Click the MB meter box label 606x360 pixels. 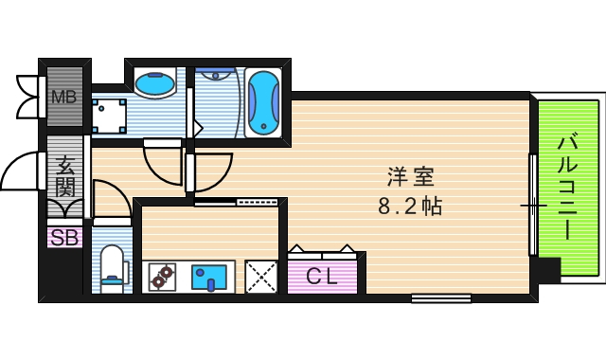tap(63, 97)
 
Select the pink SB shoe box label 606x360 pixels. tap(64, 238)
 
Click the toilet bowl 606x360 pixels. tap(113, 265)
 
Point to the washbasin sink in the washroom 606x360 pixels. tap(154, 84)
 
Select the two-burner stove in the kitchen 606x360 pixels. tap(163, 278)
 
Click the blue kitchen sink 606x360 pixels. tap(208, 277)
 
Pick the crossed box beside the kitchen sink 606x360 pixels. tap(261, 277)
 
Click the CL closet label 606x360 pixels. tap(325, 277)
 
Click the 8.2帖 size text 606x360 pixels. tap(409, 205)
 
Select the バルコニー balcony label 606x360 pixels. tap(568, 187)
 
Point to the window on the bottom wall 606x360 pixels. tap(441, 298)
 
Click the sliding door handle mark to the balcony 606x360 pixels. tap(531, 204)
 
